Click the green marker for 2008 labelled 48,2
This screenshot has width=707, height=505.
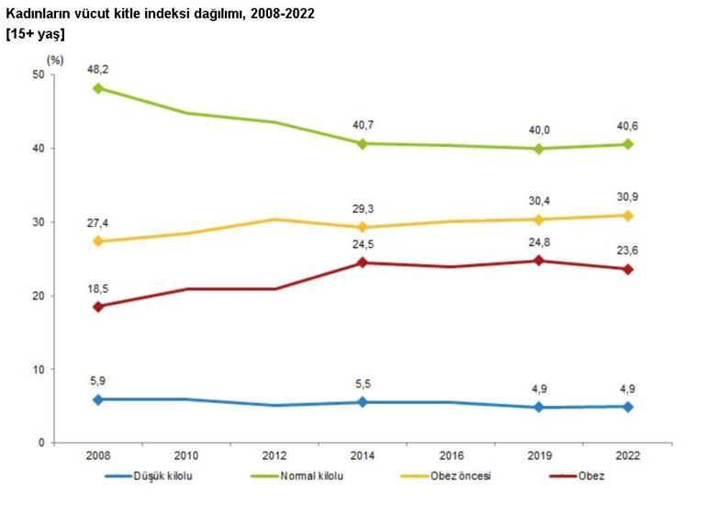click(97, 88)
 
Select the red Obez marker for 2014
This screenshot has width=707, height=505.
click(363, 263)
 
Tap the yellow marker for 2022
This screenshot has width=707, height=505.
click(628, 216)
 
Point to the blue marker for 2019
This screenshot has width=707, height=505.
click(539, 407)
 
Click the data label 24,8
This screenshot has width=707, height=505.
click(539, 243)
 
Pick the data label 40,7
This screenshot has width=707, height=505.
click(363, 126)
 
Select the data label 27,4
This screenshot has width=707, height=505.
click(97, 223)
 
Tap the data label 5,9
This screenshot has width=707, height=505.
click(97, 381)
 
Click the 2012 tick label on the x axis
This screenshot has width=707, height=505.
click(274, 455)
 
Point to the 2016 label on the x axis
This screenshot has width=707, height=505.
click(451, 455)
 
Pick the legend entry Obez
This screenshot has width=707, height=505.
click(590, 476)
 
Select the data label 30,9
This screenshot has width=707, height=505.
click(628, 197)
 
